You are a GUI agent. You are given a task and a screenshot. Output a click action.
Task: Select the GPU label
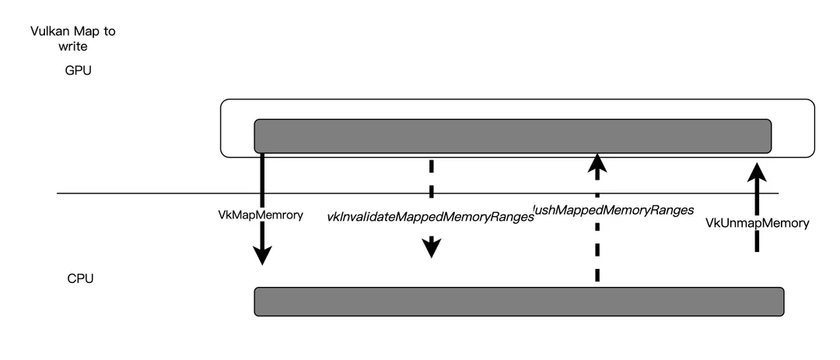[79, 71]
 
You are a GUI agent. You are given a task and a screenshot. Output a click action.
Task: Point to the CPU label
[80, 278]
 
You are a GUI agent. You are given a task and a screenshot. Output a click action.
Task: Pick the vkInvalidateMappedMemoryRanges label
[430, 217]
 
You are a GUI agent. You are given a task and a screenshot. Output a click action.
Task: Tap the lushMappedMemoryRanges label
[613, 210]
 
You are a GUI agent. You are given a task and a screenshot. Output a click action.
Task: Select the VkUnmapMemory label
[757, 223]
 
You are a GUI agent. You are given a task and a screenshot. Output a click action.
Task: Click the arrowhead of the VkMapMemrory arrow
[263, 255]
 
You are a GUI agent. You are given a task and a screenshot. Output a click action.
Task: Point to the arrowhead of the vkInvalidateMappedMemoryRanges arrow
[431, 248]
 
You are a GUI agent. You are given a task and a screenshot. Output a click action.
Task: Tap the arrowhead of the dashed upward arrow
[597, 163]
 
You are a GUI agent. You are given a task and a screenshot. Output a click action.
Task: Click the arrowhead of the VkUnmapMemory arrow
[756, 170]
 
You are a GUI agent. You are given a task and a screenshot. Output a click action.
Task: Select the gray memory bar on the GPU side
[513, 136]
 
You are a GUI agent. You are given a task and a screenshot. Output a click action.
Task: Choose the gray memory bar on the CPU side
[519, 302]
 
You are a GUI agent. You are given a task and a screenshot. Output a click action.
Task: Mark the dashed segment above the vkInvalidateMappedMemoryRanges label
[431, 175]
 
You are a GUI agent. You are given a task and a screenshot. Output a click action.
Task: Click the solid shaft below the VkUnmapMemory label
[756, 241]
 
